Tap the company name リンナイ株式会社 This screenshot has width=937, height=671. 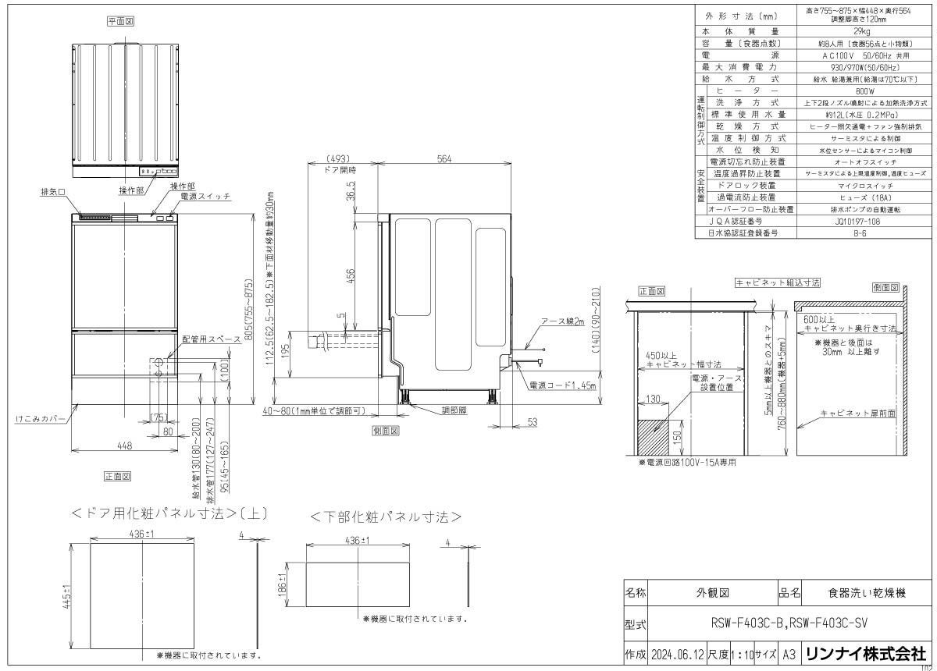tap(865, 654)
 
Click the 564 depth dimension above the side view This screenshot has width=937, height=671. tap(444, 159)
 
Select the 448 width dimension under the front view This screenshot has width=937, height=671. tap(124, 446)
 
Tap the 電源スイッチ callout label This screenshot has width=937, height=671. tap(205, 197)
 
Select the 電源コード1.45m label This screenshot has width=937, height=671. tap(561, 385)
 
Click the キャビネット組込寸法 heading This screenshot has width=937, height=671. tap(778, 282)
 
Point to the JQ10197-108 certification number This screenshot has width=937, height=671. tap(862, 221)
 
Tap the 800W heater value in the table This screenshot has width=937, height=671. tap(862, 91)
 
